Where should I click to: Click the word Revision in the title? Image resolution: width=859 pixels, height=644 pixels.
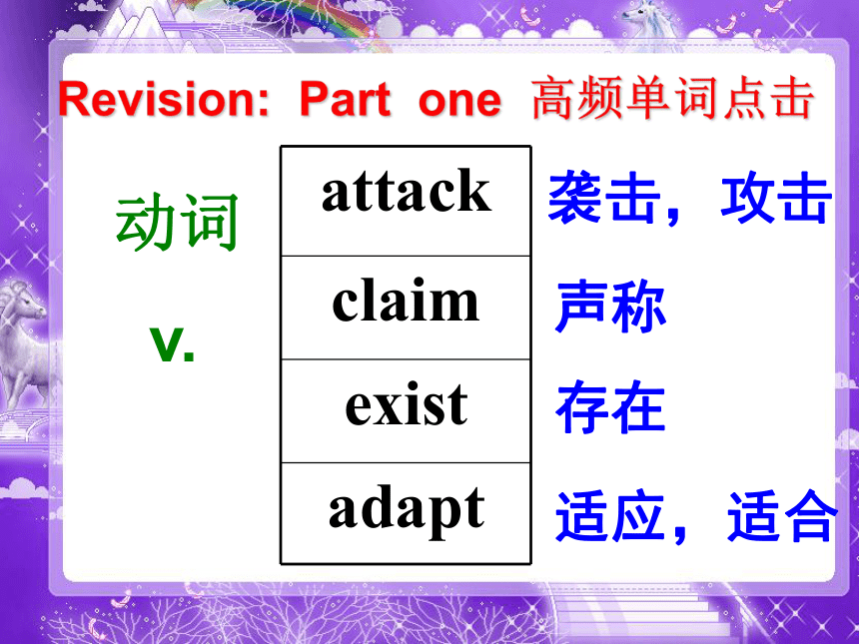pyautogui.click(x=164, y=99)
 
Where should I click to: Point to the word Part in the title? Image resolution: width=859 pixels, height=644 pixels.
pyautogui.click(x=346, y=99)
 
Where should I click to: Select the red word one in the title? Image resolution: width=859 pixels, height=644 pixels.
pyautogui.click(x=459, y=101)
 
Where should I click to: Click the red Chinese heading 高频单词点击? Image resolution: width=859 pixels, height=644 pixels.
pyautogui.click(x=673, y=99)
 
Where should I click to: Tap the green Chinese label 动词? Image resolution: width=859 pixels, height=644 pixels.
pyautogui.click(x=177, y=223)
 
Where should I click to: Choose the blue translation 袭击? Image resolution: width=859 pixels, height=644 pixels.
pyautogui.click(x=604, y=197)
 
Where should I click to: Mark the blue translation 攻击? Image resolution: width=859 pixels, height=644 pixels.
pyautogui.click(x=776, y=197)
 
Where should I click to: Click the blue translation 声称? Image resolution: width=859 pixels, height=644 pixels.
pyautogui.click(x=610, y=306)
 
